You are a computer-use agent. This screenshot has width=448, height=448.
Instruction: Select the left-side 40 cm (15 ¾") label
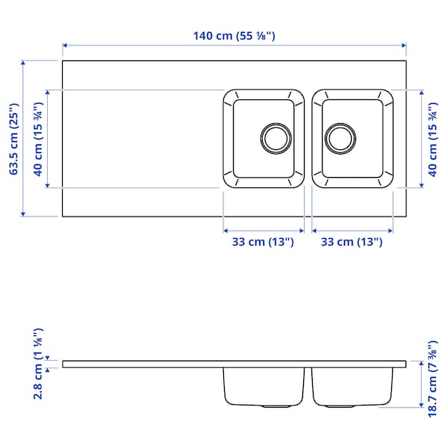click(x=37, y=140)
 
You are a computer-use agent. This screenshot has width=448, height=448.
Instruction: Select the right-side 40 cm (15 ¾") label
click(x=432, y=140)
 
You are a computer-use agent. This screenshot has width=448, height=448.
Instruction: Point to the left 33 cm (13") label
click(x=264, y=241)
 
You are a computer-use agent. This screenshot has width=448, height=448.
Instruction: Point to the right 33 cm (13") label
click(x=352, y=241)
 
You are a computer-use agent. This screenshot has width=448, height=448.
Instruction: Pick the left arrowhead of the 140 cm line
click(x=65, y=46)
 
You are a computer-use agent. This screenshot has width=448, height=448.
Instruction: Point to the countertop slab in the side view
click(x=149, y=364)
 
